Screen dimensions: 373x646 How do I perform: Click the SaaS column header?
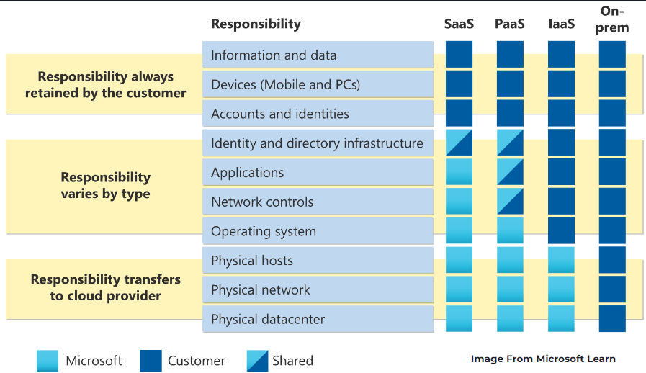click(x=459, y=24)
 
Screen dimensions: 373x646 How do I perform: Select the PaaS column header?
click(x=510, y=24)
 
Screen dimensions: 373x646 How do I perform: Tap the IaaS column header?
click(x=561, y=24)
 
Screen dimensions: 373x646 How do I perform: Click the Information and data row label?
click(x=274, y=55)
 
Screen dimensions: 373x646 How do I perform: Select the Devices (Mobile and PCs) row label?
click(x=285, y=85)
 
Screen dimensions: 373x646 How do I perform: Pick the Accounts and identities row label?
click(x=280, y=114)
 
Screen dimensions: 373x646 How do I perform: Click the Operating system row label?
click(x=264, y=232)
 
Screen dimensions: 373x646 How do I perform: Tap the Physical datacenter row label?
click(x=268, y=319)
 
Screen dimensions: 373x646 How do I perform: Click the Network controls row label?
click(x=262, y=202)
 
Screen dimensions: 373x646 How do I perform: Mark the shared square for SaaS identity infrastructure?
click(x=459, y=143)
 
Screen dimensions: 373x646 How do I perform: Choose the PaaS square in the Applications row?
click(x=510, y=172)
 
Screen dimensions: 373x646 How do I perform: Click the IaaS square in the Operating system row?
click(x=561, y=231)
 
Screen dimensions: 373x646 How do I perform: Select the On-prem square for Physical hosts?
click(x=612, y=260)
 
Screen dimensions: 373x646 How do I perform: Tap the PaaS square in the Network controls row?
click(x=510, y=202)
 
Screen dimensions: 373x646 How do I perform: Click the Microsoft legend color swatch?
click(x=48, y=361)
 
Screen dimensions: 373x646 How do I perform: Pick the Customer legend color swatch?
click(x=151, y=361)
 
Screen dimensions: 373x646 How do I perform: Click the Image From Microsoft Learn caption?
click(x=543, y=359)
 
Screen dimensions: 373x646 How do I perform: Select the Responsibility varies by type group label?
click(x=106, y=185)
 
